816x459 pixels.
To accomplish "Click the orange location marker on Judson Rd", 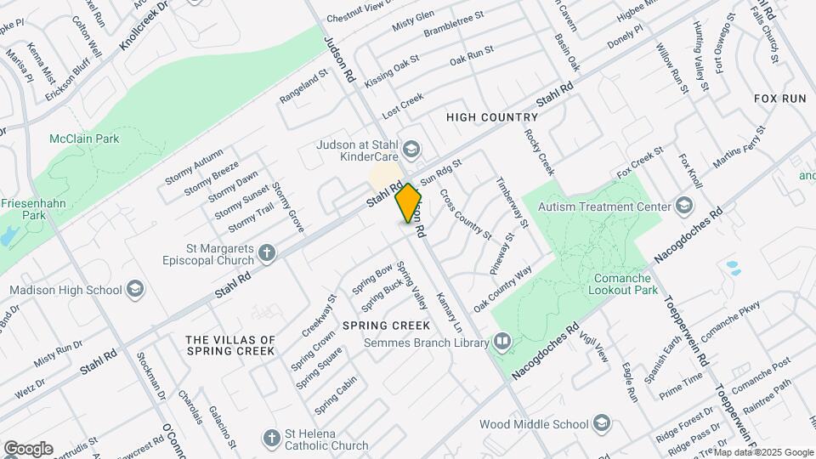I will (x=409, y=203).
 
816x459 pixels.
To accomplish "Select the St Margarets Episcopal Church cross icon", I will (x=267, y=252).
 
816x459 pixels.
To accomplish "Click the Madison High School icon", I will (x=135, y=290).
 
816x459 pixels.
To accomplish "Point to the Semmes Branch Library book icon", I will (x=502, y=343).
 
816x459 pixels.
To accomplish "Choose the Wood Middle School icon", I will (x=602, y=424).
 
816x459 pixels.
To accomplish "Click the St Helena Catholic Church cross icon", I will (x=271, y=439).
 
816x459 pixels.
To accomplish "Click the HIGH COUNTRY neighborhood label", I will (x=492, y=117).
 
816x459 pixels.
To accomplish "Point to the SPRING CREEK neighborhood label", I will (x=380, y=326).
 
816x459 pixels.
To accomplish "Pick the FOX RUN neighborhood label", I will (x=779, y=99).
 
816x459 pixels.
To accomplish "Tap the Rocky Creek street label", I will (x=539, y=152).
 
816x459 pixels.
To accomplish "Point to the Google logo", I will (x=28, y=448).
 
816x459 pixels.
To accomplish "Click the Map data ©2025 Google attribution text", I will (x=762, y=452).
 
